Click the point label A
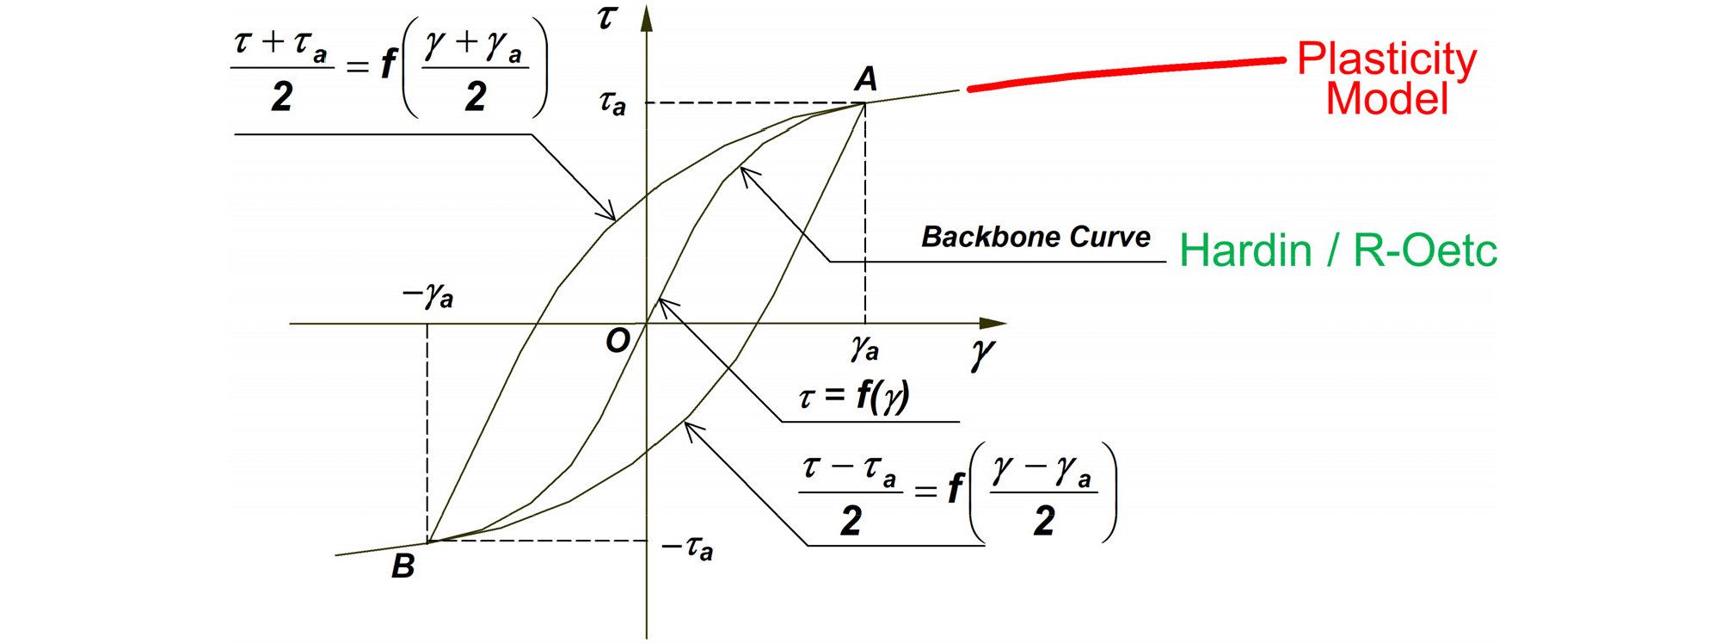[866, 79]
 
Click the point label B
[403, 566]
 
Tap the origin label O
[618, 341]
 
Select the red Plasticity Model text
[1386, 78]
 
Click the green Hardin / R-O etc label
[1338, 250]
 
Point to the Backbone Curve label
[1036, 237]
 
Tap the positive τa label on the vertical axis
[612, 103]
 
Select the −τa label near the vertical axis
[687, 547]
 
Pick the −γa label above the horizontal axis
[427, 295]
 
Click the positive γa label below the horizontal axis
[865, 349]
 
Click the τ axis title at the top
[607, 16]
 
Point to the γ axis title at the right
[982, 354]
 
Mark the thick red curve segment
[1127, 72]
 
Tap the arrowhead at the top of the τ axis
[647, 19]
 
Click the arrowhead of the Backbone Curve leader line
[748, 175]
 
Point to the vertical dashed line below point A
[865, 213]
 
